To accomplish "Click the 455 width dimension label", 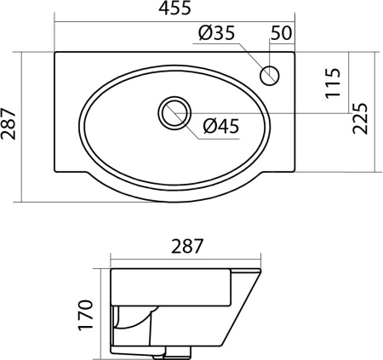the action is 174,8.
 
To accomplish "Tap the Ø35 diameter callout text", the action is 217,32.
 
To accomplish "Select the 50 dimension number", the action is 281,32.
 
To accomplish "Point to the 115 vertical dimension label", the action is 333,83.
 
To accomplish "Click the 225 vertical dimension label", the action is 360,118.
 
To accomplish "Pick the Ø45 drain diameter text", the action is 221,126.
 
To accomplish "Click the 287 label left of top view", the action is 8,123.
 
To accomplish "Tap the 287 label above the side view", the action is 187,246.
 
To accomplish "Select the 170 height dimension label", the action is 85,315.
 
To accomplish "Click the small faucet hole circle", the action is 270,76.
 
